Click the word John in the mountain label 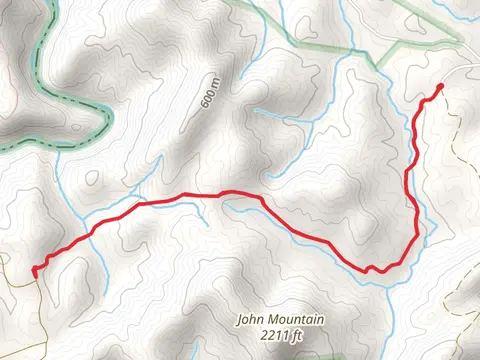click(248, 320)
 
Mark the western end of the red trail click(34, 270)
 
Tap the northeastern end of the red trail click(440, 88)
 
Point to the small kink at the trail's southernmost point click(369, 268)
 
